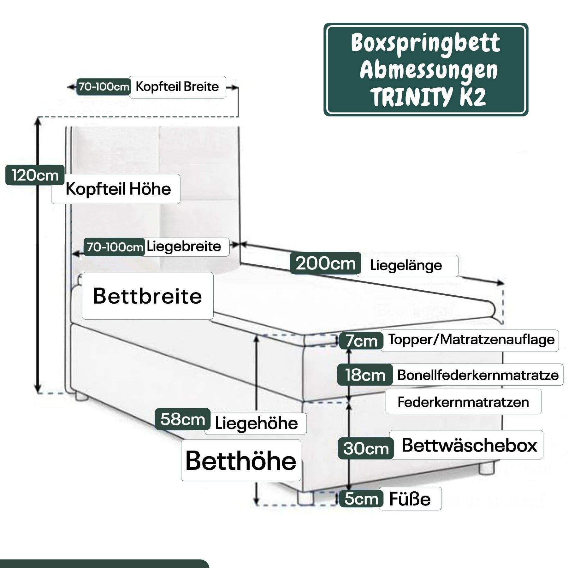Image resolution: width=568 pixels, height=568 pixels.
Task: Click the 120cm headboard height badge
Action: coord(35,175)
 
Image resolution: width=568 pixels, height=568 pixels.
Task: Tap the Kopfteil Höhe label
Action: coord(118,189)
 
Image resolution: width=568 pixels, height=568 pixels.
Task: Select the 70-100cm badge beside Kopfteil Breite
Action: coord(104,87)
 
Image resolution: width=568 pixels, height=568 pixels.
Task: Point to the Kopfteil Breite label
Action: coord(177,87)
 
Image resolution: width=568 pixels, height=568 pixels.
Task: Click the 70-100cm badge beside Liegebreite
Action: coord(115,247)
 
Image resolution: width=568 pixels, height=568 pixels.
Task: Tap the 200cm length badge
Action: coord(325,263)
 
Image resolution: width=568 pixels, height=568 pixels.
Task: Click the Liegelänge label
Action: coord(406,265)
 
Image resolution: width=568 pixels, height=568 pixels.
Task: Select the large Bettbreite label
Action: coord(147,296)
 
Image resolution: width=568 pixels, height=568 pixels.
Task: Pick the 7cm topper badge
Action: coord(361,341)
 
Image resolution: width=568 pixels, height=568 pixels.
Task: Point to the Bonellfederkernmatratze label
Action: coord(478,375)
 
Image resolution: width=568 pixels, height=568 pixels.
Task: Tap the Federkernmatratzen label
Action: coord(463,402)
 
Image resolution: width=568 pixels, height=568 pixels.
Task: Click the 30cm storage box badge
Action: coord(366,448)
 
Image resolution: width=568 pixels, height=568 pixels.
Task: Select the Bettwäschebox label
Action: coord(469,445)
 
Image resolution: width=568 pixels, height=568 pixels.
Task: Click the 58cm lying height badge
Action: coord(183,419)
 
